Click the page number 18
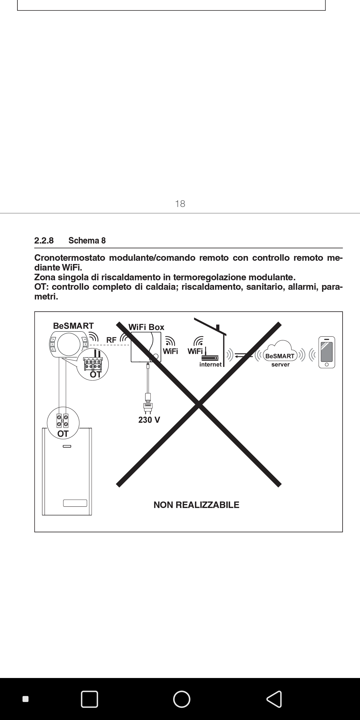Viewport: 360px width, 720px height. (x=180, y=204)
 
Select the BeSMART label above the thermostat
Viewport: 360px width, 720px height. (x=73, y=326)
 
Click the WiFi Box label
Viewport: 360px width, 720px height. (x=146, y=327)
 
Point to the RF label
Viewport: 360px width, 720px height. (x=111, y=340)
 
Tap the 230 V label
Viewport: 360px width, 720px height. (x=149, y=420)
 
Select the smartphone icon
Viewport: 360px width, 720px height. (x=326, y=352)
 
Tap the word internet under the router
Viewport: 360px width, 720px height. (x=210, y=364)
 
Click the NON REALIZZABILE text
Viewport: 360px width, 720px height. (x=196, y=505)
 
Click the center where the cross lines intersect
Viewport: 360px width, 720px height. (x=199, y=404)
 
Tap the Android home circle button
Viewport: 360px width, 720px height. (x=182, y=699)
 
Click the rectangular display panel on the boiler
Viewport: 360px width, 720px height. (x=75, y=503)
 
